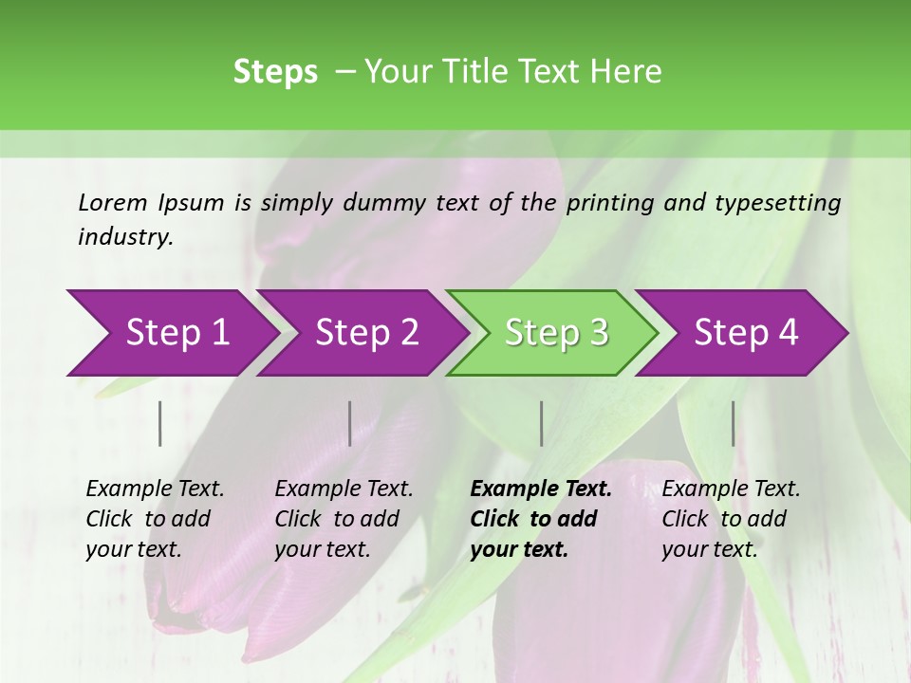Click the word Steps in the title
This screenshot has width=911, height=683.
pos(275,72)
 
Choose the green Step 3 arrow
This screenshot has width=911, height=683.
pos(556,332)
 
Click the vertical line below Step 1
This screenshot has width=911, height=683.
pos(160,423)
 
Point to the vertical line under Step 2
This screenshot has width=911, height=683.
pos(350,423)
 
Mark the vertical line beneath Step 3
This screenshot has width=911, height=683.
pos(541,423)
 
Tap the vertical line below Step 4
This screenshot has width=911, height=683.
pos(733,423)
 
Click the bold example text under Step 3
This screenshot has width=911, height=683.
pos(541,519)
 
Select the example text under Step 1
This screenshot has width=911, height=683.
pos(155,519)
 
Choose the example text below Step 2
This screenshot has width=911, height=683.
pos(344,519)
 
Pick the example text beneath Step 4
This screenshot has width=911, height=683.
pos(731,519)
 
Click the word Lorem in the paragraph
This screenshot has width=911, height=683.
pos(113,202)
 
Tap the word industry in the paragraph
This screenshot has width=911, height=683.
pos(125,237)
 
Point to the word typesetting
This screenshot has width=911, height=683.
pos(786,203)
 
